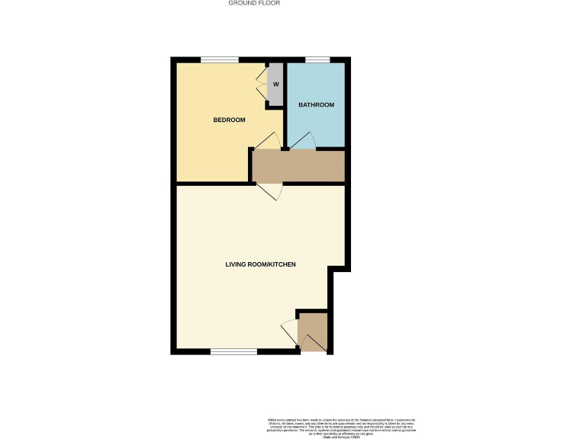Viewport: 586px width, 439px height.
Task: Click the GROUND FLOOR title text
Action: pyautogui.click(x=255, y=3)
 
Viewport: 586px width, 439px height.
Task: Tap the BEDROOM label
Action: pyautogui.click(x=229, y=120)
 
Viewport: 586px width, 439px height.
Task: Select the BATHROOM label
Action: pyautogui.click(x=316, y=104)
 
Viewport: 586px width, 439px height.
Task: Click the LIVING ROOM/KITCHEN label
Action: pyautogui.click(x=260, y=264)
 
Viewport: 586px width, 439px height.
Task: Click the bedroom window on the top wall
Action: pyautogui.click(x=219, y=60)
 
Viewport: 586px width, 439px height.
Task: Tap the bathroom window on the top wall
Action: pyautogui.click(x=317, y=60)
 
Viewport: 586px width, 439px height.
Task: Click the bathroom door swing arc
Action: pyautogui.click(x=304, y=139)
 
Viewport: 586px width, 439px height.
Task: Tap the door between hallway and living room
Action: pyautogui.click(x=272, y=191)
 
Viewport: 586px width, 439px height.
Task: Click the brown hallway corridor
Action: pyautogui.click(x=299, y=166)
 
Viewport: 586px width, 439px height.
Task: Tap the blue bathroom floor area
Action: pyautogui.click(x=317, y=122)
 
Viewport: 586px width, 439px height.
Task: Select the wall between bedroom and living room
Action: pyautogui.click(x=214, y=184)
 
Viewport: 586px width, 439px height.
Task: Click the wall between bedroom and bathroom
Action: pyautogui.click(x=283, y=122)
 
